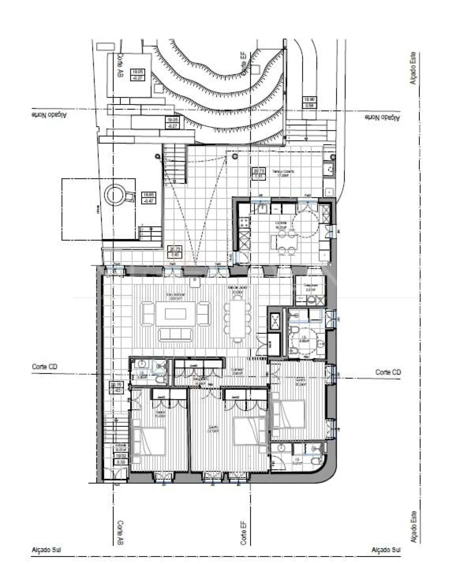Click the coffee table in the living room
(176, 314)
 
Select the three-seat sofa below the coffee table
(176, 334)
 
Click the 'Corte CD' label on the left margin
(45, 367)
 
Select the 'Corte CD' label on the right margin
(388, 372)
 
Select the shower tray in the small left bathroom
(159, 366)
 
